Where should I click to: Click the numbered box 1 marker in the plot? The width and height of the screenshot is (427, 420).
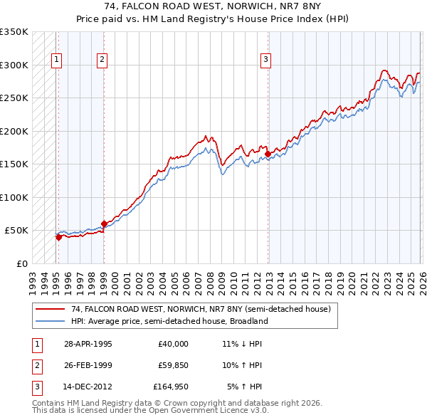point(56,60)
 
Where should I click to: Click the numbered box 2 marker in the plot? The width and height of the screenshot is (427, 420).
point(102,60)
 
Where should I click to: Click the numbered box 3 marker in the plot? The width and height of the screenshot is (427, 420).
point(265,60)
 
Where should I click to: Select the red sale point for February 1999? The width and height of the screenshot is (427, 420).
point(104,224)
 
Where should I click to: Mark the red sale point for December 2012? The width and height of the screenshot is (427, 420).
point(268,154)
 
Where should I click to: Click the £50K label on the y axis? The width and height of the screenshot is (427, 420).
point(16,231)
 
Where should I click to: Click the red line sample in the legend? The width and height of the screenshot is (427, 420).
point(51,310)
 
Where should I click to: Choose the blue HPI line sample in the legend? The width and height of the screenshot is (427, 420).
point(51,321)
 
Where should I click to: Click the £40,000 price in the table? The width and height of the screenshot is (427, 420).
point(173,344)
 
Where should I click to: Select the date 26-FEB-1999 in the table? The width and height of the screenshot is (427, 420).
point(88,366)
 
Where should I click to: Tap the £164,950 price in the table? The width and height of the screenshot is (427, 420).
point(171,388)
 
